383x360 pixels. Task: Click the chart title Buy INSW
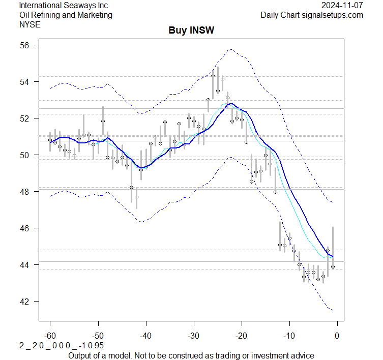(191, 31)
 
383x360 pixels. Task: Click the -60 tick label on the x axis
(50, 336)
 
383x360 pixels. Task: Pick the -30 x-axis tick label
(193, 336)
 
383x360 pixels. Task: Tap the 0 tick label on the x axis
(337, 336)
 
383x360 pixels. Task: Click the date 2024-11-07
(343, 6)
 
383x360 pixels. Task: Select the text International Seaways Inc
(64, 6)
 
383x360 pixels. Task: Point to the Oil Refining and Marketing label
(66, 15)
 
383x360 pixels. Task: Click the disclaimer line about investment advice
(191, 355)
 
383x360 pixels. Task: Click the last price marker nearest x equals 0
(333, 266)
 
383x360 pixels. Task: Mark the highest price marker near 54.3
(213, 76)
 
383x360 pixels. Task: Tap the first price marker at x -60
(50, 140)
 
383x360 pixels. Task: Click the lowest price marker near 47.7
(136, 197)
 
